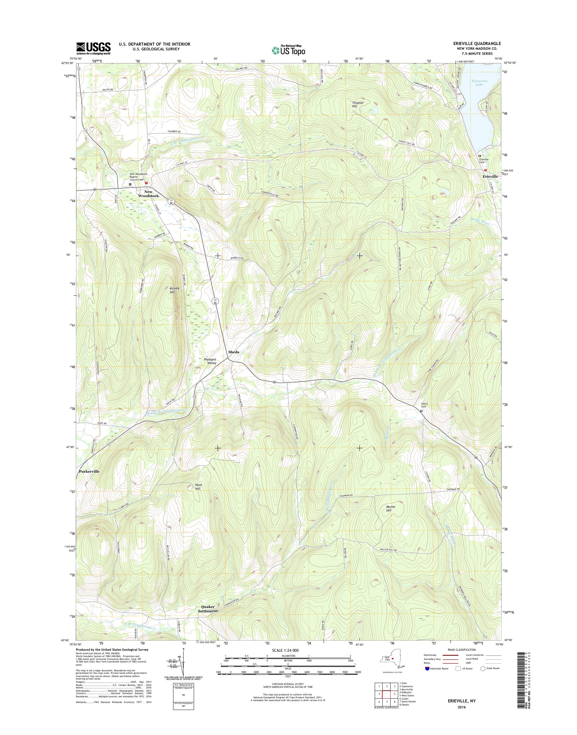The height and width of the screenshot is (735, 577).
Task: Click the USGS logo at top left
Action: pos(93,48)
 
